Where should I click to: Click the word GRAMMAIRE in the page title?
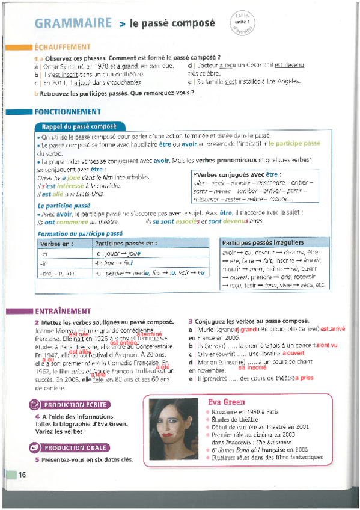click(73, 23)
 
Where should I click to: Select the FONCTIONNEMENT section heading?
click(68, 112)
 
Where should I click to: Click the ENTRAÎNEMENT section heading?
click(63, 312)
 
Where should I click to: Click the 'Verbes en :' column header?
click(56, 244)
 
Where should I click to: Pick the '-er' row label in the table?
click(44, 254)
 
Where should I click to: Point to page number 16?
click(22, 474)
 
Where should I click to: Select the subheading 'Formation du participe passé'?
click(80, 233)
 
